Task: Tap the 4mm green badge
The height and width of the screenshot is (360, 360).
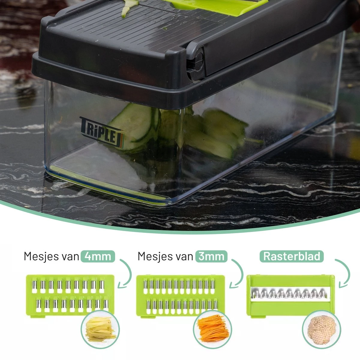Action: tap(97, 256)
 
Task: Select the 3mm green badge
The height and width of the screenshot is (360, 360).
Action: tap(211, 256)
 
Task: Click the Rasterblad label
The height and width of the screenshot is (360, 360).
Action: tap(292, 256)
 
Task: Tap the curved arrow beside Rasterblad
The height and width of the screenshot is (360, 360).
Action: tap(345, 273)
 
